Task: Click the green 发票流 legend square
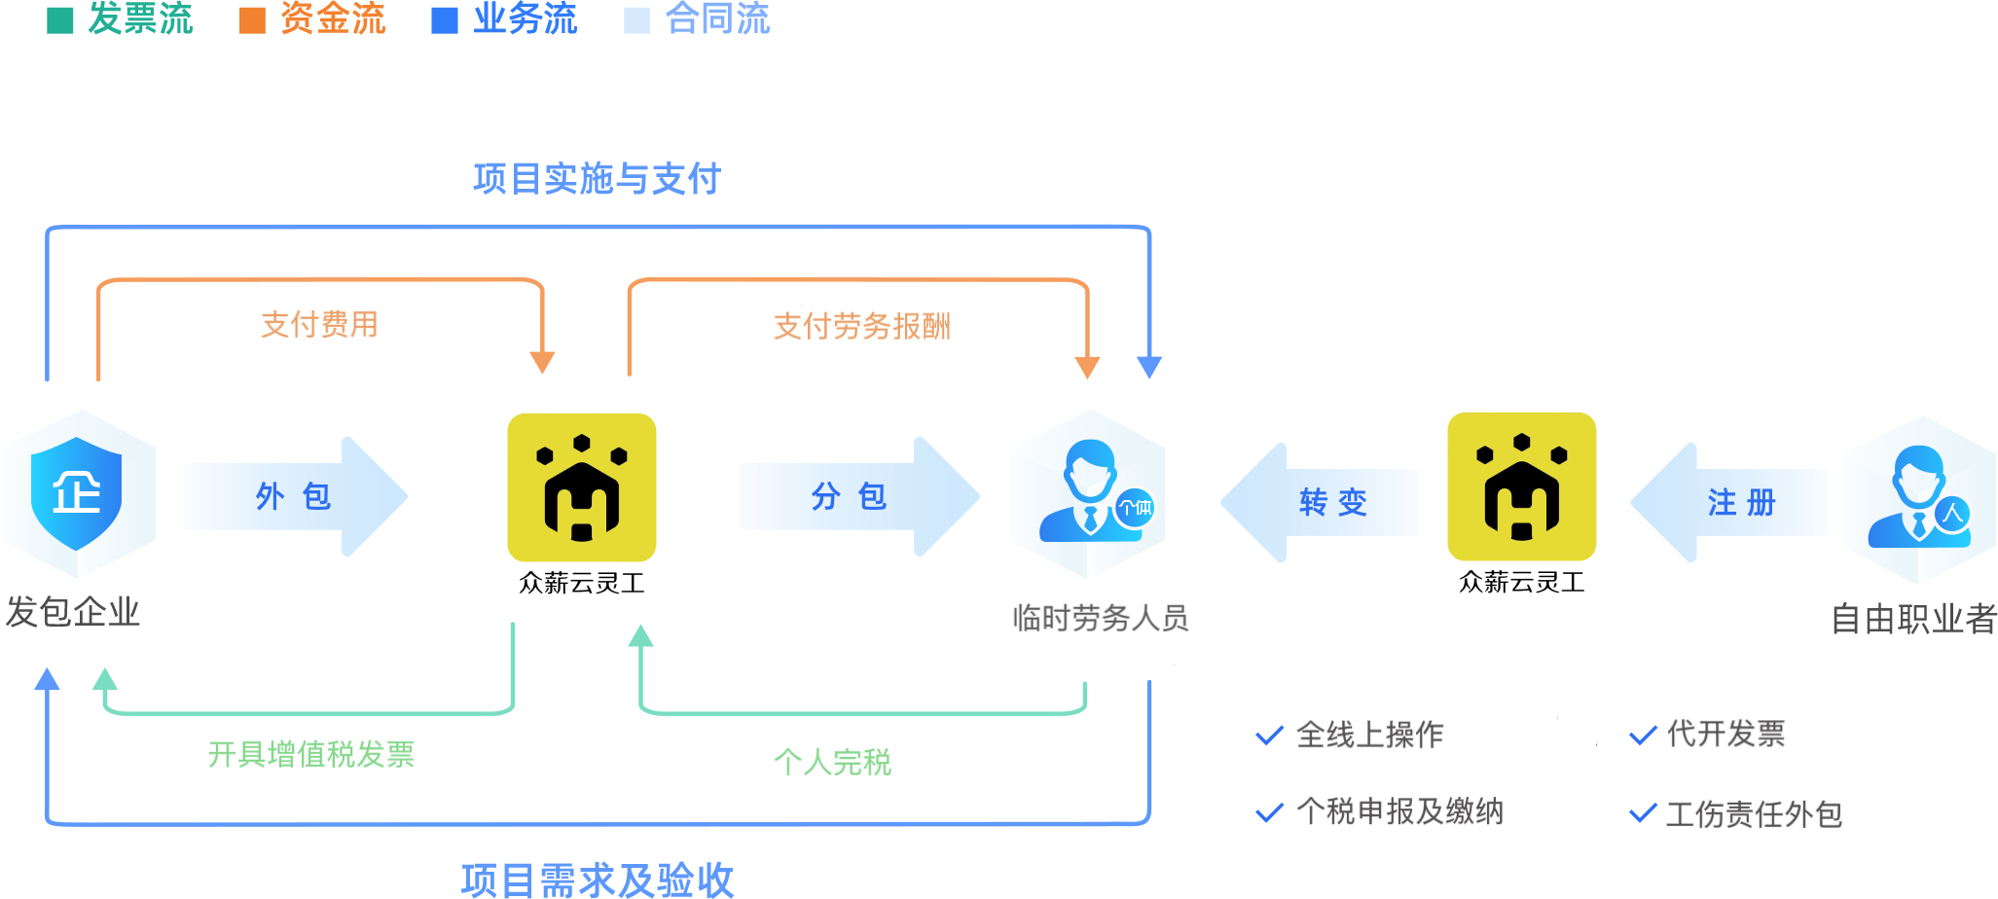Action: pos(60,20)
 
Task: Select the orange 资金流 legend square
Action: pos(252,20)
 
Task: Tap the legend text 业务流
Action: pos(525,18)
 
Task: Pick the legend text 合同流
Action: pos(717,18)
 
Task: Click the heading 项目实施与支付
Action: pos(597,179)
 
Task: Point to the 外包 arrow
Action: pos(295,496)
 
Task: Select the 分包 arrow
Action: pos(856,496)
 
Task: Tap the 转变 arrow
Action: pos(1324,502)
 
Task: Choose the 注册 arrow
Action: pos(1732,502)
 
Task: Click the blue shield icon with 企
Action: pos(77,492)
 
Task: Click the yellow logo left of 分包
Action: pos(582,486)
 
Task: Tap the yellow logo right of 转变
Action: pos(1522,486)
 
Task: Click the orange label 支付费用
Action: pos(319,324)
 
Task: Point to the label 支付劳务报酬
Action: pos(861,326)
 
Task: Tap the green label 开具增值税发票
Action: pos(311,754)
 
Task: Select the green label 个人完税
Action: pos(832,761)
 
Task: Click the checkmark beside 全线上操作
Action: pos(1269,736)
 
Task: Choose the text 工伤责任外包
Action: pos(1754,813)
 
